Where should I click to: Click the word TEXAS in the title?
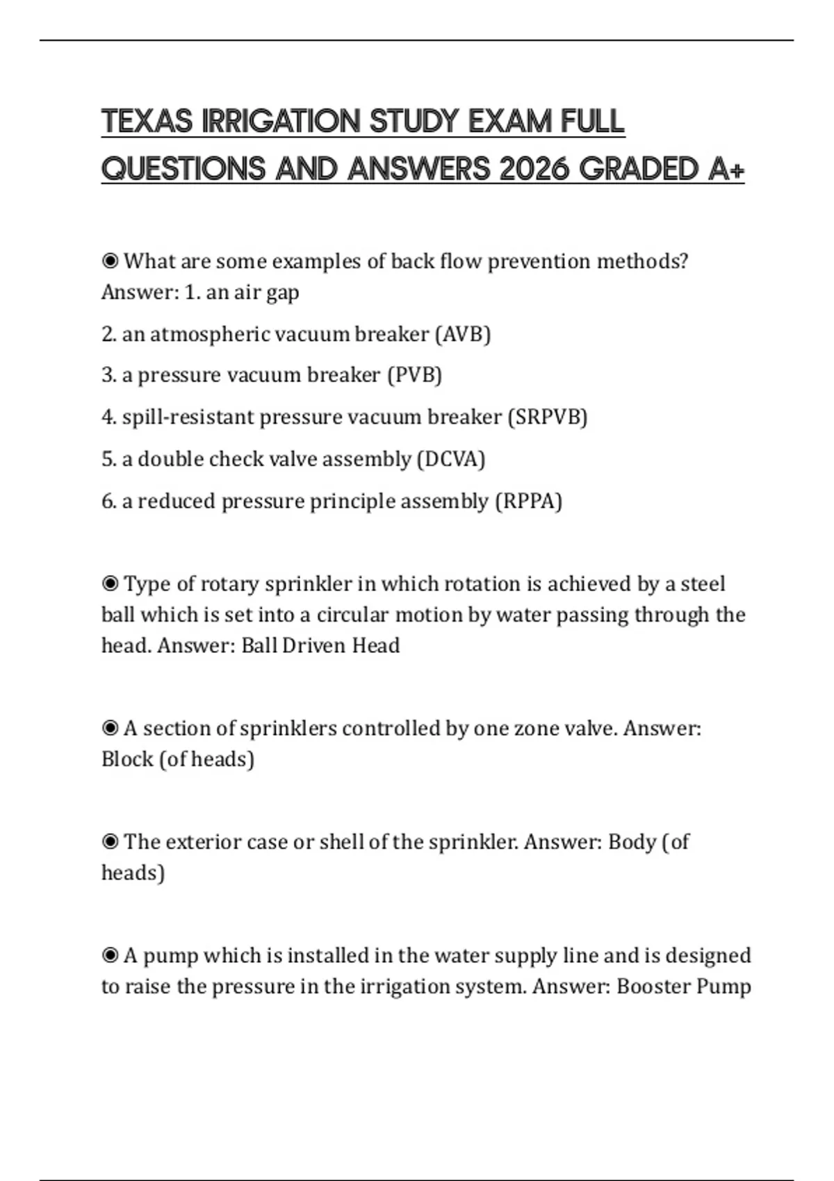(x=147, y=122)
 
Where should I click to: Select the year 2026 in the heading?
(x=534, y=169)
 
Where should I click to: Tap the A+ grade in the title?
(x=726, y=169)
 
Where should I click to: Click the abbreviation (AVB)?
(x=463, y=334)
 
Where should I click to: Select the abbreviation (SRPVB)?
(x=548, y=417)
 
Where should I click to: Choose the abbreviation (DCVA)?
(x=450, y=459)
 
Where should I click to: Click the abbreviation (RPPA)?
(x=528, y=501)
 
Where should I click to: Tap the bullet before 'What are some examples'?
(x=110, y=261)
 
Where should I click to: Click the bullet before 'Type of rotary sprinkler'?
(x=110, y=584)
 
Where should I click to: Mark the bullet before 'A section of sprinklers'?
(x=110, y=728)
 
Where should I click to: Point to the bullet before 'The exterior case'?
(x=110, y=842)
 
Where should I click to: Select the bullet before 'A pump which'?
(x=110, y=956)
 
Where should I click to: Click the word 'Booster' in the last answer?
(x=653, y=986)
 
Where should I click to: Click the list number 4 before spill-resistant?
(x=108, y=417)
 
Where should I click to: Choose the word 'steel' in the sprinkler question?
(x=703, y=584)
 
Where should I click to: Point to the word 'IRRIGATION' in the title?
(x=281, y=122)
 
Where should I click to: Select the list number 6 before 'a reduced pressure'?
(x=108, y=501)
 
